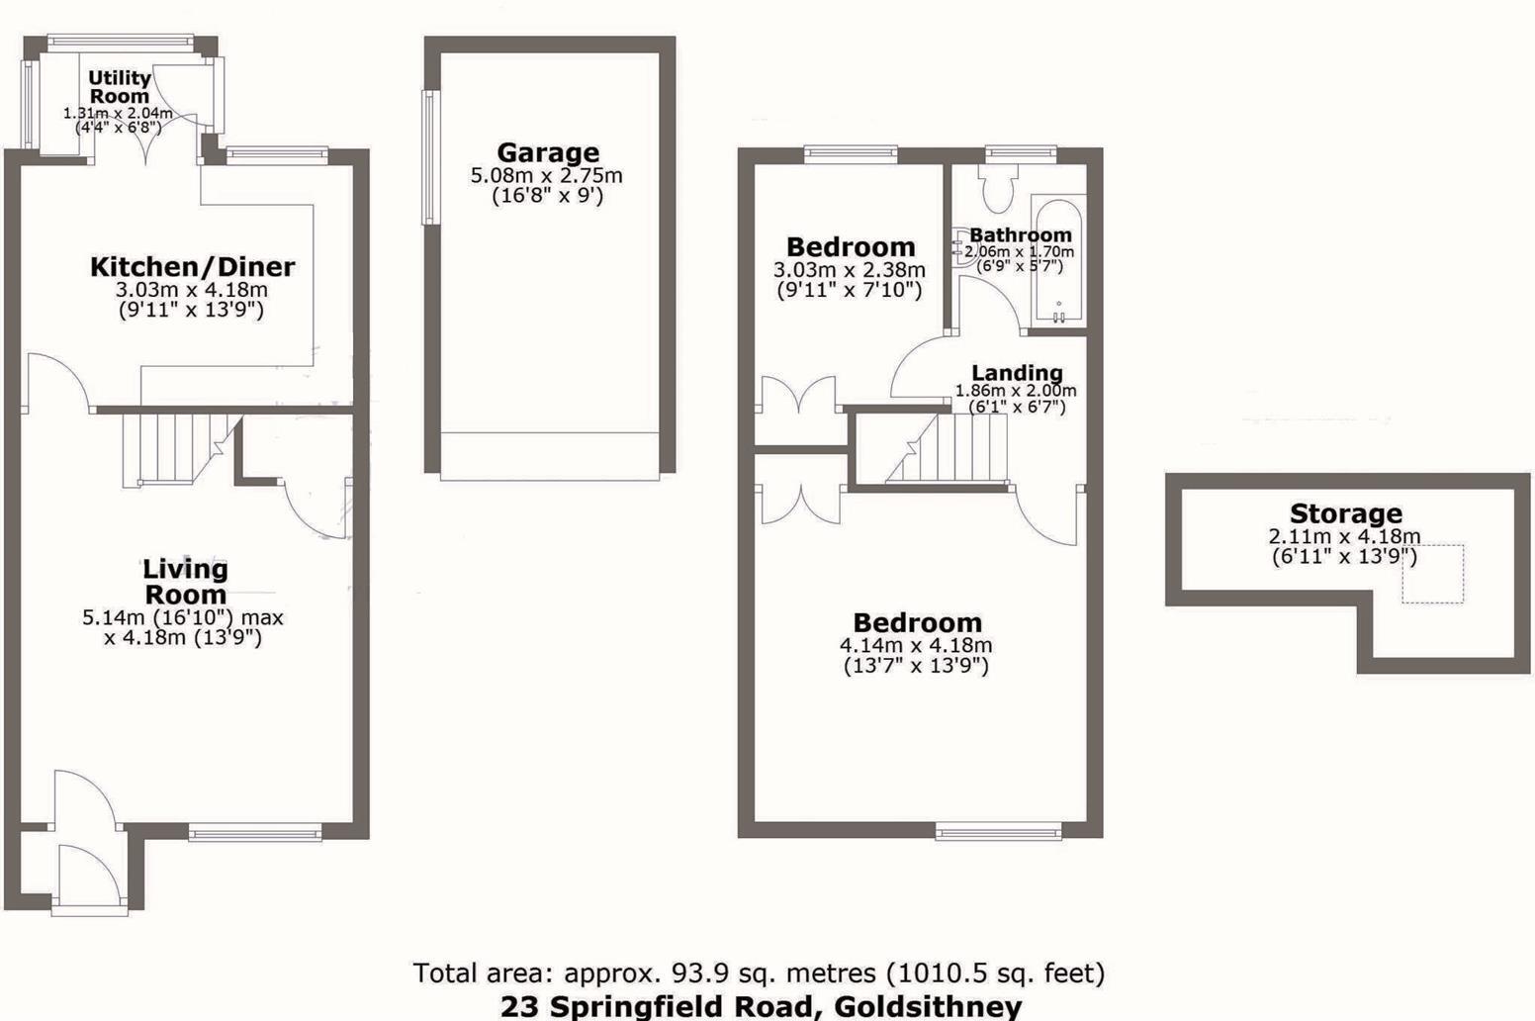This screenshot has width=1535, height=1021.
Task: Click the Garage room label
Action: point(548,152)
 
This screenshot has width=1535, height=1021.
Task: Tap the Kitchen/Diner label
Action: point(192,266)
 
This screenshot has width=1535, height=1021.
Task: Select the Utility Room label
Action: point(120,87)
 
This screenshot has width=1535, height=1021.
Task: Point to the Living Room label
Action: point(185,582)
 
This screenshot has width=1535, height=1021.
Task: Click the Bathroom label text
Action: point(1020,235)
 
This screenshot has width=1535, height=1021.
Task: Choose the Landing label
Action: point(1017,373)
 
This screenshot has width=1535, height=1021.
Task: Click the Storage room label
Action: point(1345,513)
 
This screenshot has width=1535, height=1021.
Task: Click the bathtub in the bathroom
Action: point(1057,262)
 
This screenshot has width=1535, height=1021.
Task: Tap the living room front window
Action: point(255,834)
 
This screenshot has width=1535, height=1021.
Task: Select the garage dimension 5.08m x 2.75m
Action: point(546,176)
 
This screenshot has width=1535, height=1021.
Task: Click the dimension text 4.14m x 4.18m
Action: point(916,645)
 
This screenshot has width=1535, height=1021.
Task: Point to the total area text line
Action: point(759,974)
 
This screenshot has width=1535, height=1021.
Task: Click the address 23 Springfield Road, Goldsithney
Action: point(761,1007)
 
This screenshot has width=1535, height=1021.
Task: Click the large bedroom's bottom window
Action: point(999,833)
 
